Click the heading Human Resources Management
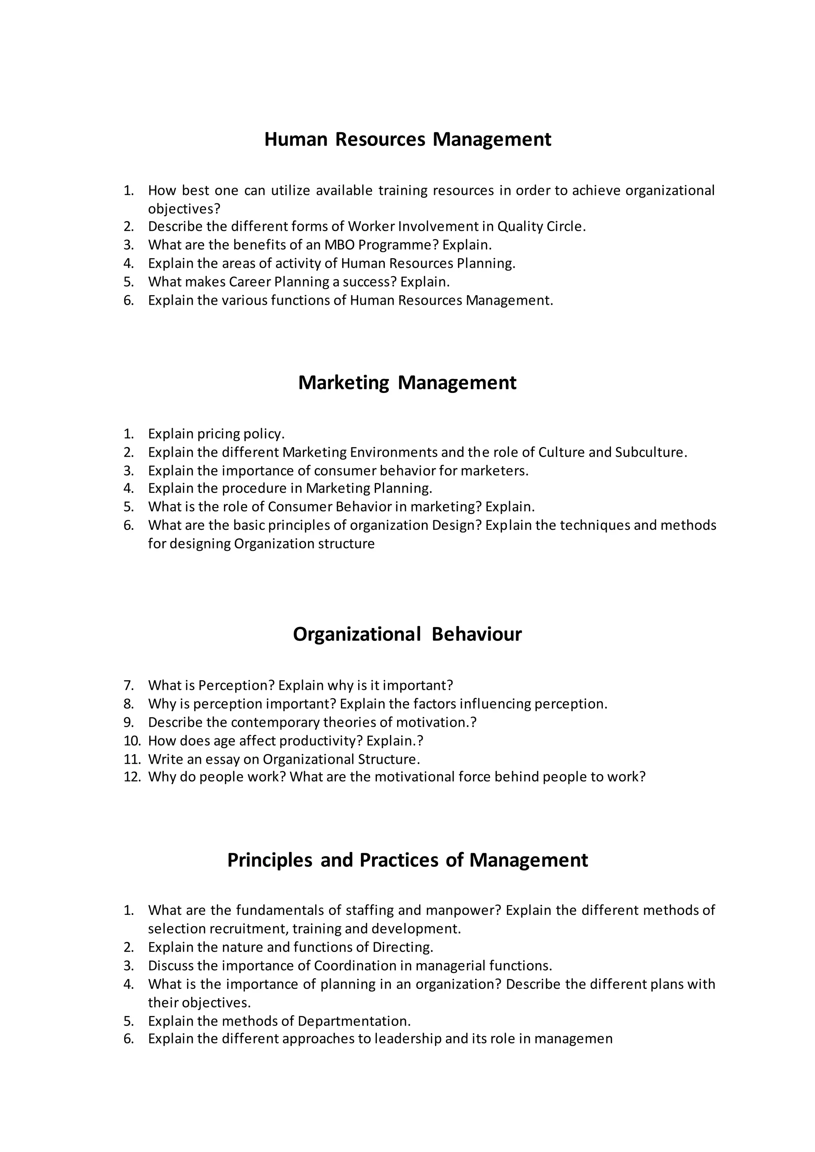click(x=407, y=139)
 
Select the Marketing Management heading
click(x=407, y=382)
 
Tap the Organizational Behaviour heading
click(x=407, y=634)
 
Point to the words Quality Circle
click(x=540, y=226)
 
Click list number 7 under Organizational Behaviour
click(x=129, y=685)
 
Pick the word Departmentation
click(x=353, y=1021)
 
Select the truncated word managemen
click(x=573, y=1039)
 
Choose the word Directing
click(x=402, y=947)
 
